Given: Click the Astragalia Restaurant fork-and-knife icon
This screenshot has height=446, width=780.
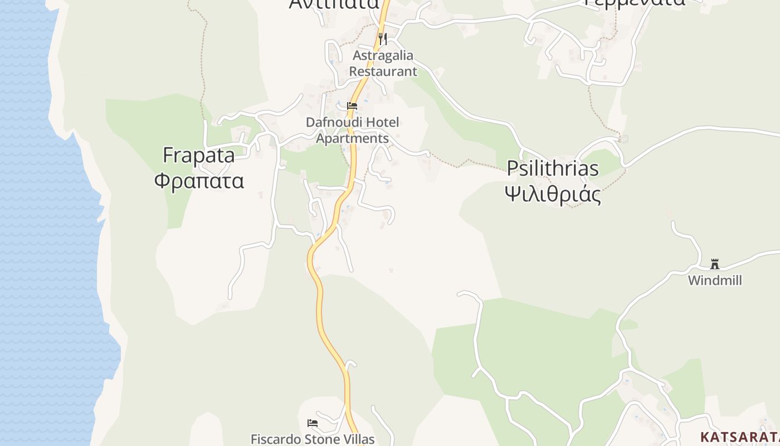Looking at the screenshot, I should [x=382, y=38].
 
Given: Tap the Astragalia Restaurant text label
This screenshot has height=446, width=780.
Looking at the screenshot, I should [x=383, y=64].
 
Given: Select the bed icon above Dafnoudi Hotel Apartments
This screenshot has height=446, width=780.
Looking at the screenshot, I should [x=352, y=105].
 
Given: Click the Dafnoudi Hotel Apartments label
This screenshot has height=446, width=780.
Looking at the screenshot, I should [x=352, y=130].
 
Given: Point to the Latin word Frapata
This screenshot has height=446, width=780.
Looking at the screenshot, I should [x=198, y=156].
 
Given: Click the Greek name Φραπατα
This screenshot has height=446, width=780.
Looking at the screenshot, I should [x=199, y=181].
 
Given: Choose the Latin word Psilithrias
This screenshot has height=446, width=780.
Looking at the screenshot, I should [x=553, y=168].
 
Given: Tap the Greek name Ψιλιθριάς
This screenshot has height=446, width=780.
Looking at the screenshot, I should [x=553, y=194].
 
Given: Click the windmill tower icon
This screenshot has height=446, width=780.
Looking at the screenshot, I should [x=715, y=264].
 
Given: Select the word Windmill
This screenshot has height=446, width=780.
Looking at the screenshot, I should [x=715, y=280].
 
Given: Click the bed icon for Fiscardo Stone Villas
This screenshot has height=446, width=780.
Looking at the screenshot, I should [x=313, y=423].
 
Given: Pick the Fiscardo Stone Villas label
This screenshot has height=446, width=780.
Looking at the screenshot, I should [x=313, y=439].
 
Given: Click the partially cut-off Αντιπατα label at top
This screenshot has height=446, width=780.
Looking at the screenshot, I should [x=334, y=4].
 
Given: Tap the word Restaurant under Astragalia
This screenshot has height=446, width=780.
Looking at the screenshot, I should [x=383, y=71].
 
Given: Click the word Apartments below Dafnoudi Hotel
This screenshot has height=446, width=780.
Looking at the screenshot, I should [x=352, y=138].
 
